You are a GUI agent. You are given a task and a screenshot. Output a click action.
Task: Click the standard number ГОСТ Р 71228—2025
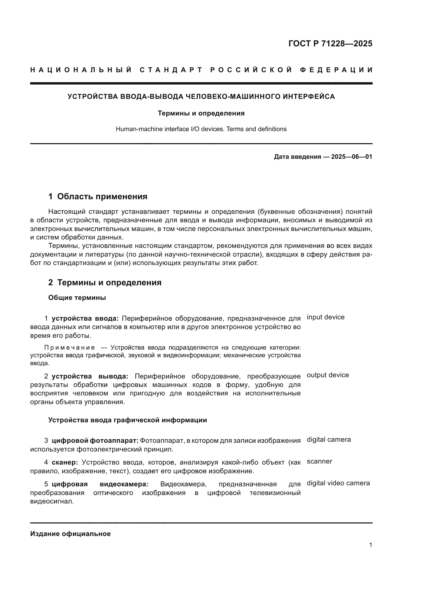pos(330,43)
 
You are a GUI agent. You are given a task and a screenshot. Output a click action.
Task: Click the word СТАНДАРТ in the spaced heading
pos(171,70)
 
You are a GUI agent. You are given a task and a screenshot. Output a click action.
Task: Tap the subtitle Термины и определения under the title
pos(201,113)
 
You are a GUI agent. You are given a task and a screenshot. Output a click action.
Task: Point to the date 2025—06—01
pos(352,157)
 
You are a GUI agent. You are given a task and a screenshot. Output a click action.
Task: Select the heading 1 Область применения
pos(98,196)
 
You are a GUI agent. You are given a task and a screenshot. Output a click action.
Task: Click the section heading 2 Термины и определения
pos(105,282)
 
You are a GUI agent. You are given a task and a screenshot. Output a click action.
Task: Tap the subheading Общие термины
pos(77,298)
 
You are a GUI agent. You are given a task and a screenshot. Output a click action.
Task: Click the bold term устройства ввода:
pos(85,318)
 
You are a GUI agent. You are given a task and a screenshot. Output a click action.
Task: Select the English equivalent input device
pos(325,317)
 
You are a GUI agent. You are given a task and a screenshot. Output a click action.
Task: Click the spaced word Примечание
pos(69,348)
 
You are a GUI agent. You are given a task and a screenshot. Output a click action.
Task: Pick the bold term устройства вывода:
pos(90,376)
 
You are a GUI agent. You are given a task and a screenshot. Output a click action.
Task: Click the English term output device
pos(328,375)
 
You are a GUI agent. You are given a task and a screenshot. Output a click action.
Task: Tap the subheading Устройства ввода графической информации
pos(127,420)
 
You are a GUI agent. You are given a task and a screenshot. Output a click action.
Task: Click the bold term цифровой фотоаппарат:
pos(95,441)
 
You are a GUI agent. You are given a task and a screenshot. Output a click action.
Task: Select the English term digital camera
pos(329,440)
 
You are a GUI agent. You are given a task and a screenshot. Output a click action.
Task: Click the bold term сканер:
pos(65,462)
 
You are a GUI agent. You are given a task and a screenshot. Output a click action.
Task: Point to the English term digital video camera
pos(338,483)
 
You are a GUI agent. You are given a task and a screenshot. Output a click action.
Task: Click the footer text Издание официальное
pos(70,534)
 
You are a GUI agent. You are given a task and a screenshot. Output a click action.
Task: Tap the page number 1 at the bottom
pos(370,545)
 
